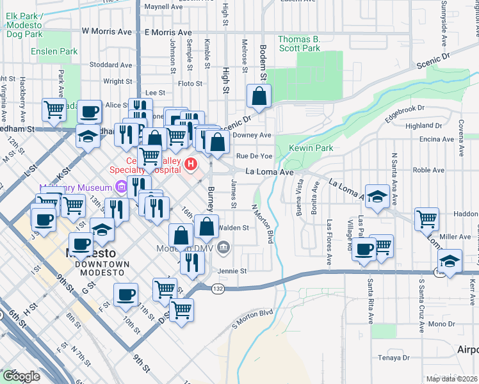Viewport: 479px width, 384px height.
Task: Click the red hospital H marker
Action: pos(190,164)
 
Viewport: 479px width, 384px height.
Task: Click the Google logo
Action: pos(22,376)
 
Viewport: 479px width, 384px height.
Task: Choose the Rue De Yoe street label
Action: pos(254,156)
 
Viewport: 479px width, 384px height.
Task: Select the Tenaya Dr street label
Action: pos(393,357)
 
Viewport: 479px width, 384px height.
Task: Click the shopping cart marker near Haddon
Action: pos(426,219)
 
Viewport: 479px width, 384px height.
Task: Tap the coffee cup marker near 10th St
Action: pos(126,294)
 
